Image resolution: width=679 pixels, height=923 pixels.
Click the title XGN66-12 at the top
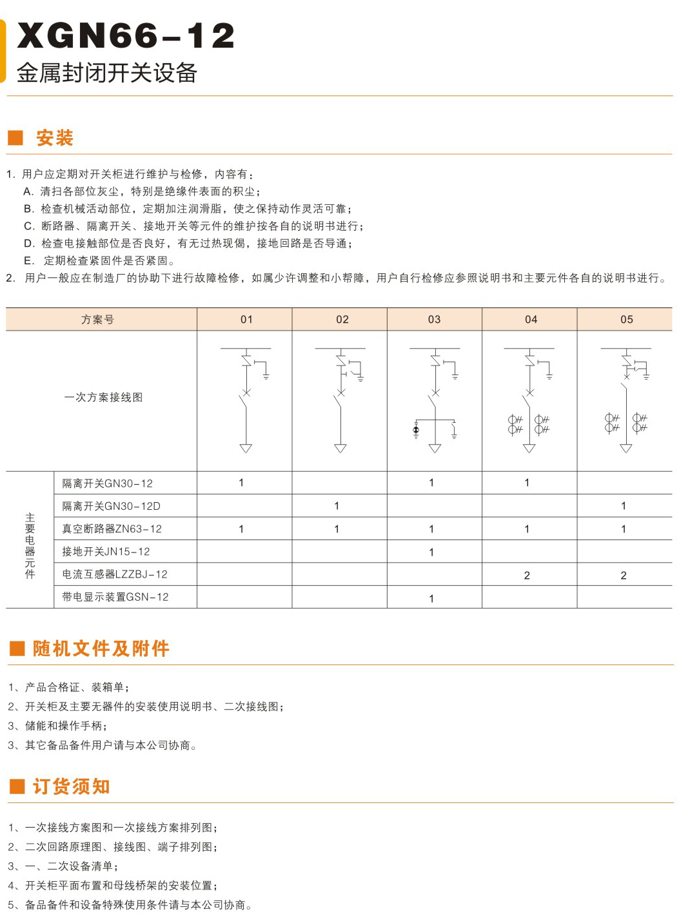click(x=126, y=35)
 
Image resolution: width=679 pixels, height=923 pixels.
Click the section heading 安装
click(x=55, y=138)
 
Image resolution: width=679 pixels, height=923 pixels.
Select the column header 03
click(x=434, y=319)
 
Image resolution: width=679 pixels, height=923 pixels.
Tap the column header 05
click(x=626, y=319)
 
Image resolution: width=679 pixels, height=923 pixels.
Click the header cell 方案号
click(x=98, y=319)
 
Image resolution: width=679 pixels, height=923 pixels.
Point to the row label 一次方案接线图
click(x=103, y=397)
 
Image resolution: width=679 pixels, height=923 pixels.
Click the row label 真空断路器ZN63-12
click(x=112, y=529)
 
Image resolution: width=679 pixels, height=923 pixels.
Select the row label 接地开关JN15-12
click(x=106, y=552)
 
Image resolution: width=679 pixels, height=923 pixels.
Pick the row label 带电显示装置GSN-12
click(x=115, y=597)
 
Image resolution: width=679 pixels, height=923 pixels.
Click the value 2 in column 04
click(x=527, y=575)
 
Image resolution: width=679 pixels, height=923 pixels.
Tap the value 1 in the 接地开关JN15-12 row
click(x=431, y=552)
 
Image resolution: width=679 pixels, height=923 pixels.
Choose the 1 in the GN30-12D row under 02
click(x=337, y=506)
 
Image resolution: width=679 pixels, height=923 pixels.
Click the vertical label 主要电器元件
click(x=30, y=545)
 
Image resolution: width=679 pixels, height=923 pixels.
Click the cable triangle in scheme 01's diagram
click(x=246, y=448)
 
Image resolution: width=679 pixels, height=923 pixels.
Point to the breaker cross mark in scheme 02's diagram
click(x=341, y=392)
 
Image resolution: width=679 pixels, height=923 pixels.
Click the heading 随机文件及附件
click(x=101, y=648)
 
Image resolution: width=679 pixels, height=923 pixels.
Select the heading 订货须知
click(x=72, y=786)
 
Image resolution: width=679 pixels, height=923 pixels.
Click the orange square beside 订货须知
click(x=17, y=786)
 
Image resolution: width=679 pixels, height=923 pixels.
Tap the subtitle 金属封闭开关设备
click(x=106, y=73)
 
